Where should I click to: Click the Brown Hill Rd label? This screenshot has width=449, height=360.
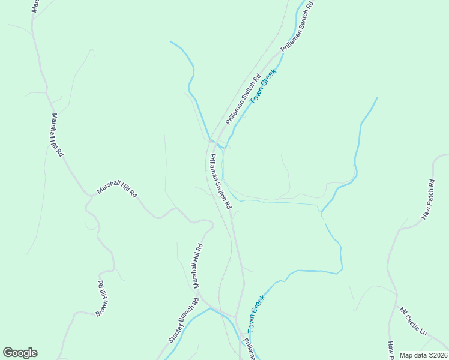101,298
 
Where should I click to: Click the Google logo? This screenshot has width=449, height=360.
20,353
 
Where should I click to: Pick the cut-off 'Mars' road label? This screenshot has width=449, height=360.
35,5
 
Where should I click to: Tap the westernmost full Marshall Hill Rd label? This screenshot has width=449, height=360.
57,135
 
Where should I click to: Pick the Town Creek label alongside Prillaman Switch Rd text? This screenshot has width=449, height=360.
262,86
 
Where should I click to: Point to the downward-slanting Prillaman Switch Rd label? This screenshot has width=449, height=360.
220,181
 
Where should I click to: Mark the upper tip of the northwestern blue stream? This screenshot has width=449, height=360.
170,41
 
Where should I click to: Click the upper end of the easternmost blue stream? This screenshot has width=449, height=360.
377,98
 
